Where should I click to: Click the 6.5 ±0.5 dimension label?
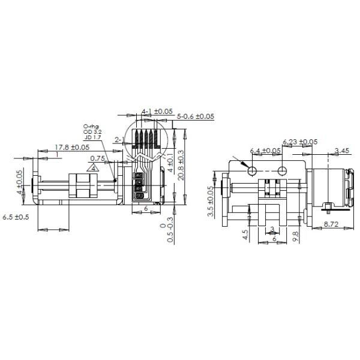click(16, 216)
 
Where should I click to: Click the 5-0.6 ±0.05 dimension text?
click(196, 116)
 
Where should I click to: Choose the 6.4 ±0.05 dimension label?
click(265, 151)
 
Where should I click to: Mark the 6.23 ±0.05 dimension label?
click(300, 142)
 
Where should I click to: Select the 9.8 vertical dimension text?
click(295, 235)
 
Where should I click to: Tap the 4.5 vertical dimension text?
click(246, 234)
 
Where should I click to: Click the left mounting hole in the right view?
click(253, 171)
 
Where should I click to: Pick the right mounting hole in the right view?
click(282, 171)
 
